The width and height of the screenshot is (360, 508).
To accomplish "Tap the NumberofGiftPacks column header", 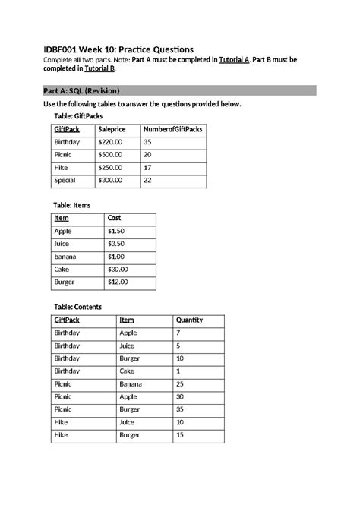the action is tap(172, 130).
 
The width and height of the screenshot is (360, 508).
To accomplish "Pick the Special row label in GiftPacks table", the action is tap(66, 181).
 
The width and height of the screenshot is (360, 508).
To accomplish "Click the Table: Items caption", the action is tap(77, 205).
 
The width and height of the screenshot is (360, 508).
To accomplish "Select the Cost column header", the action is tap(115, 219).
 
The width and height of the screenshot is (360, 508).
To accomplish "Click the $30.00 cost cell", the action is tap(118, 269).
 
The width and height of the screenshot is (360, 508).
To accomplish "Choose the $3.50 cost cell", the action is tap(115, 244).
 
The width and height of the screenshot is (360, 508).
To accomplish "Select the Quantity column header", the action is tap(189, 320).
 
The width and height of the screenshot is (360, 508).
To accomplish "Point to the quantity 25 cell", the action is tap(180, 384).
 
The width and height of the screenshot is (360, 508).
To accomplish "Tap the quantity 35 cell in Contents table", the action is tap(181, 410).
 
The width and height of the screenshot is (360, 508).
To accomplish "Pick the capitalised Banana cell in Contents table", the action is tap(132, 384).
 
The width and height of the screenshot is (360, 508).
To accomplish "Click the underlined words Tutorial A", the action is tap(235, 59).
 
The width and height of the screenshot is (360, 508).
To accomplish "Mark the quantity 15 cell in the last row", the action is tap(180, 436).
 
